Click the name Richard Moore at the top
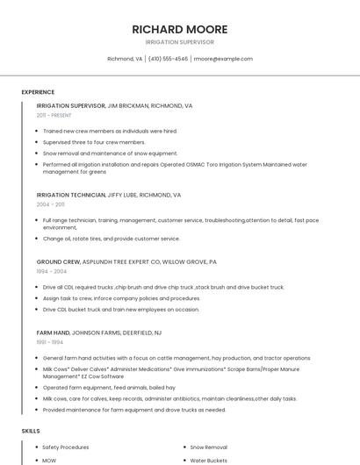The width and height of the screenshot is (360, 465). pos(180,29)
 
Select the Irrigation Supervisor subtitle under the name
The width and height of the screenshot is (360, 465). pos(180,42)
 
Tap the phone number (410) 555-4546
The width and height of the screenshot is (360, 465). pos(169,59)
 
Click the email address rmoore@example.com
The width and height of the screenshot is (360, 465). pos(223,59)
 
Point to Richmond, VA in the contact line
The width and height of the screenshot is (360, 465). pos(125,59)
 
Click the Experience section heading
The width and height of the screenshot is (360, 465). pos(38,92)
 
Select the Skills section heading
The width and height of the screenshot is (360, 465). pos(31,432)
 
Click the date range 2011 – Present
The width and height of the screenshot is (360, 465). pos(54,115)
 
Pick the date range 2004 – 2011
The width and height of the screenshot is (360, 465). pos(50,204)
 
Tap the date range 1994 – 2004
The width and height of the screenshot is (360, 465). pos(52,271)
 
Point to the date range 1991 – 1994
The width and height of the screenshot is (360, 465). pos(50,341)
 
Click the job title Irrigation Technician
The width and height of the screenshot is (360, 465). pos(71,195)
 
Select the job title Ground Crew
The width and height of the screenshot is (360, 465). pos(58,261)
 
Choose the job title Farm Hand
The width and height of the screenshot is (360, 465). pos(53,333)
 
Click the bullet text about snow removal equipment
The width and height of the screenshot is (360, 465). pos(110,153)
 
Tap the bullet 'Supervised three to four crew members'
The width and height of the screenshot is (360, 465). pos(94,142)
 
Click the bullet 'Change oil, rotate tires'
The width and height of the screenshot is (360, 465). pos(111,239)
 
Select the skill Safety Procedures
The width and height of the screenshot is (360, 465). pos(66,447)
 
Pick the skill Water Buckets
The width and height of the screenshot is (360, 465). pos(209,460)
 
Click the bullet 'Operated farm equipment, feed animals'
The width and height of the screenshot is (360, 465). pos(109,387)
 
